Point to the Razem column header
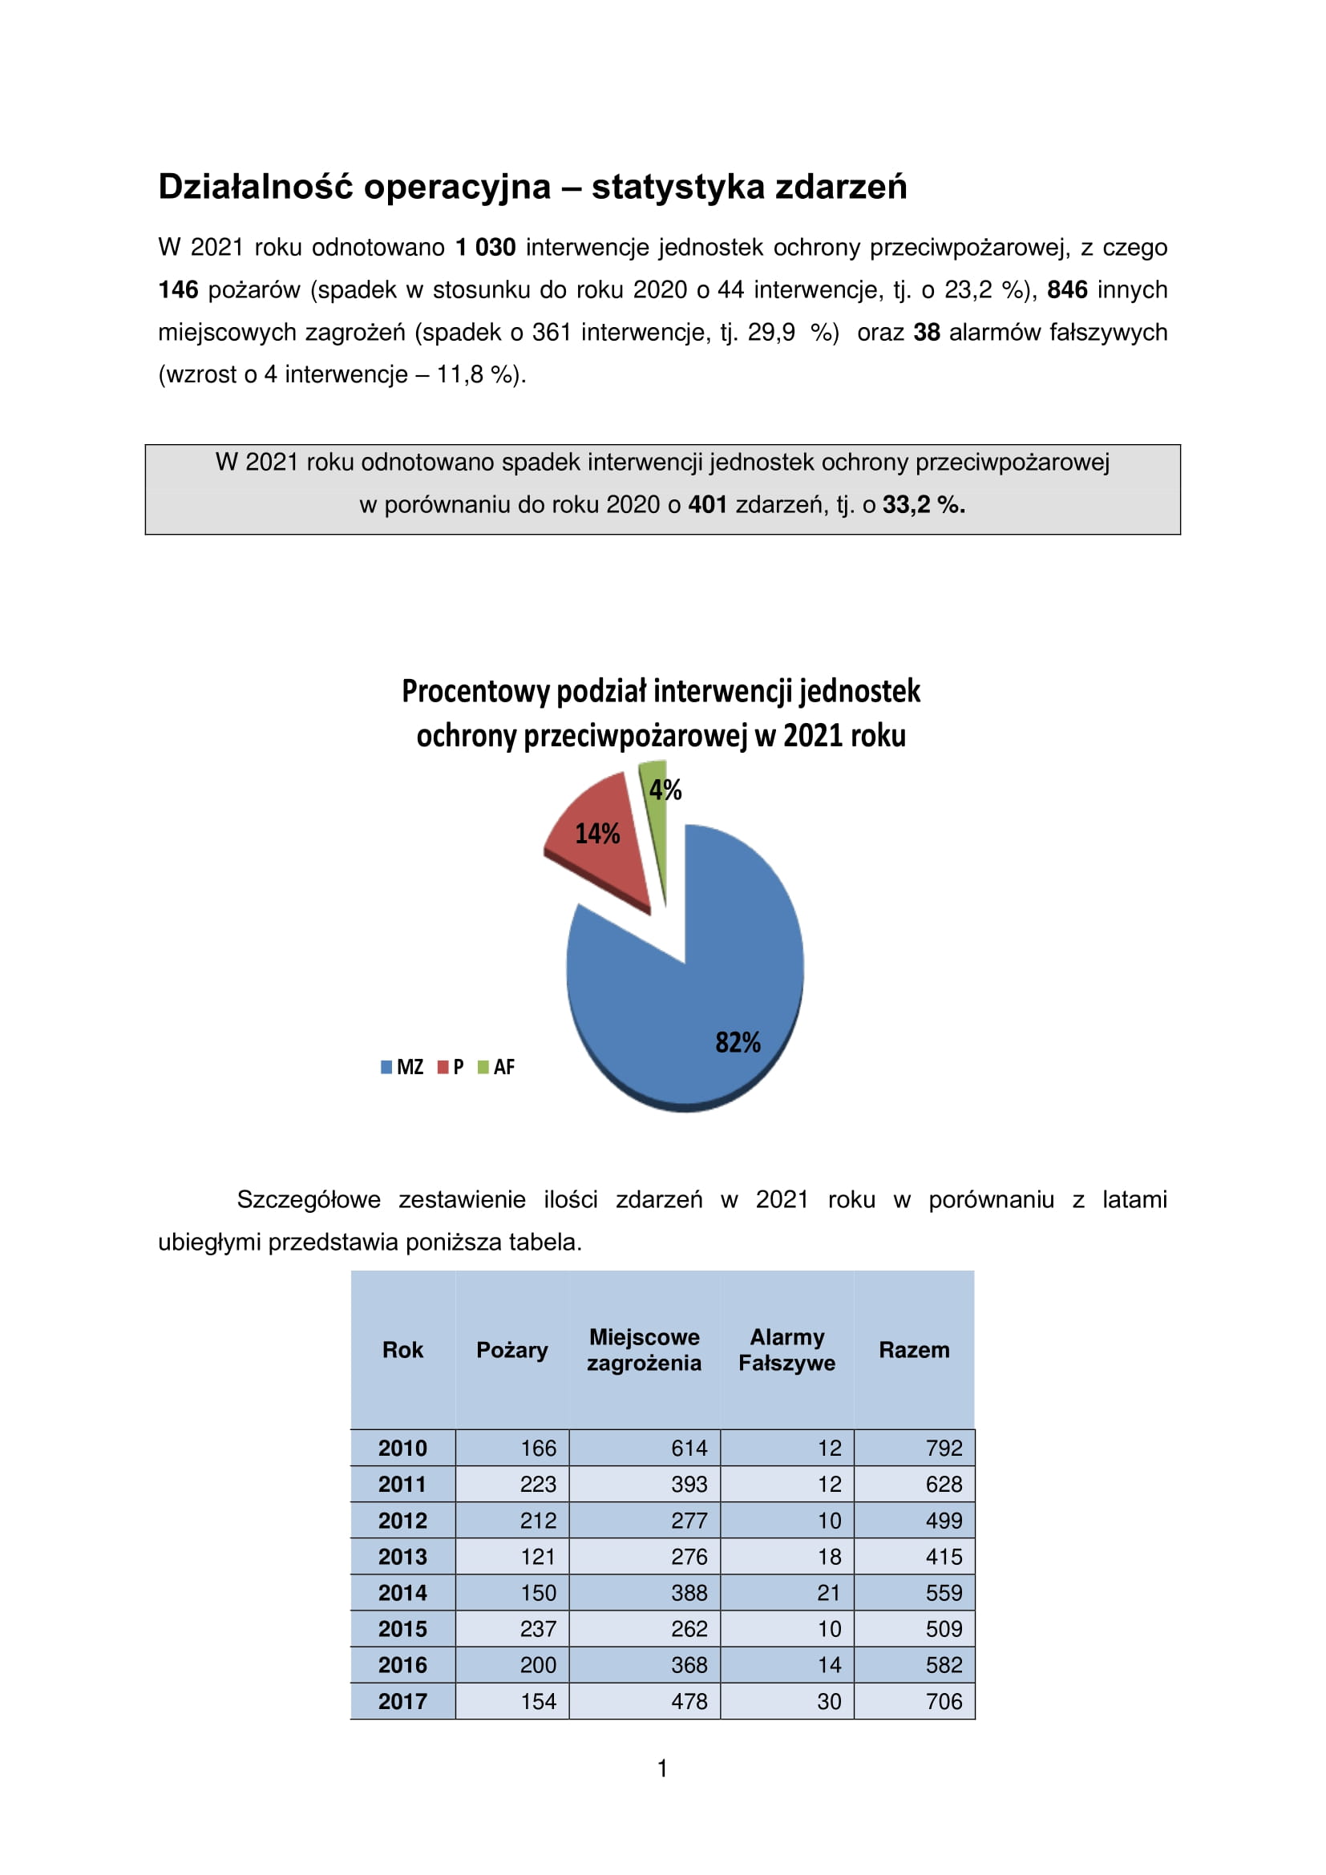click(914, 1350)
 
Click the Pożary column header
click(512, 1350)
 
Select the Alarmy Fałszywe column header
click(787, 1350)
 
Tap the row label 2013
click(402, 1557)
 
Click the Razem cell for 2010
click(944, 1448)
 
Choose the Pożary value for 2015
click(538, 1628)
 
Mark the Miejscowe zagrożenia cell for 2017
click(689, 1701)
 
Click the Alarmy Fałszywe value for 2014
click(829, 1593)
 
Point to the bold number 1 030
click(485, 248)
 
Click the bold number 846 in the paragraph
click(1067, 290)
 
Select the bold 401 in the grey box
click(707, 505)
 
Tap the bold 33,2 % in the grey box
click(924, 505)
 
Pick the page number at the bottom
click(662, 1768)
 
